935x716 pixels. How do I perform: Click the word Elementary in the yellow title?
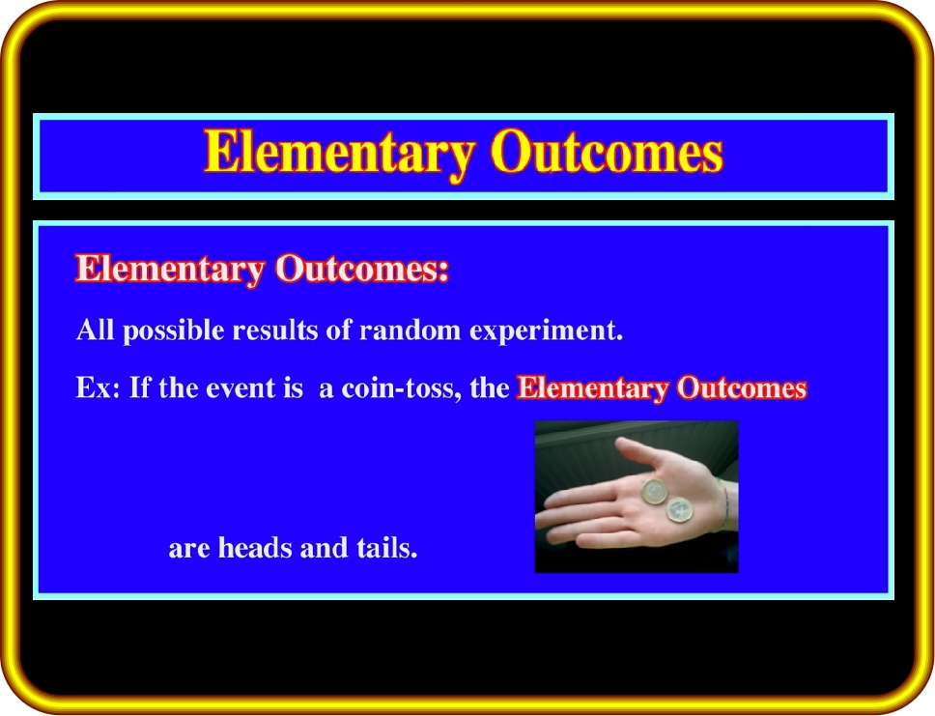click(340, 153)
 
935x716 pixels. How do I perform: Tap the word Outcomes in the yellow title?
click(607, 152)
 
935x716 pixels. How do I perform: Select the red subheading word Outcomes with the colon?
click(362, 269)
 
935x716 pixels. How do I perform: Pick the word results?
click(275, 329)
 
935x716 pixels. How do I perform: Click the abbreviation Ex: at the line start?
click(98, 387)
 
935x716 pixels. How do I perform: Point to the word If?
click(139, 387)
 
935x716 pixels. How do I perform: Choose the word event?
click(241, 388)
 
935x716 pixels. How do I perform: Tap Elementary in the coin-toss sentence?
click(593, 388)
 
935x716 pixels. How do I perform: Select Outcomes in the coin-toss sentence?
click(742, 387)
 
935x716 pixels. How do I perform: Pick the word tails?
click(387, 547)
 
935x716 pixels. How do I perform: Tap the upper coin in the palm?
click(655, 492)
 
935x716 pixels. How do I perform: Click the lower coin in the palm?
click(679, 509)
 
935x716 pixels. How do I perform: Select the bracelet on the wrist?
click(723, 504)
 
